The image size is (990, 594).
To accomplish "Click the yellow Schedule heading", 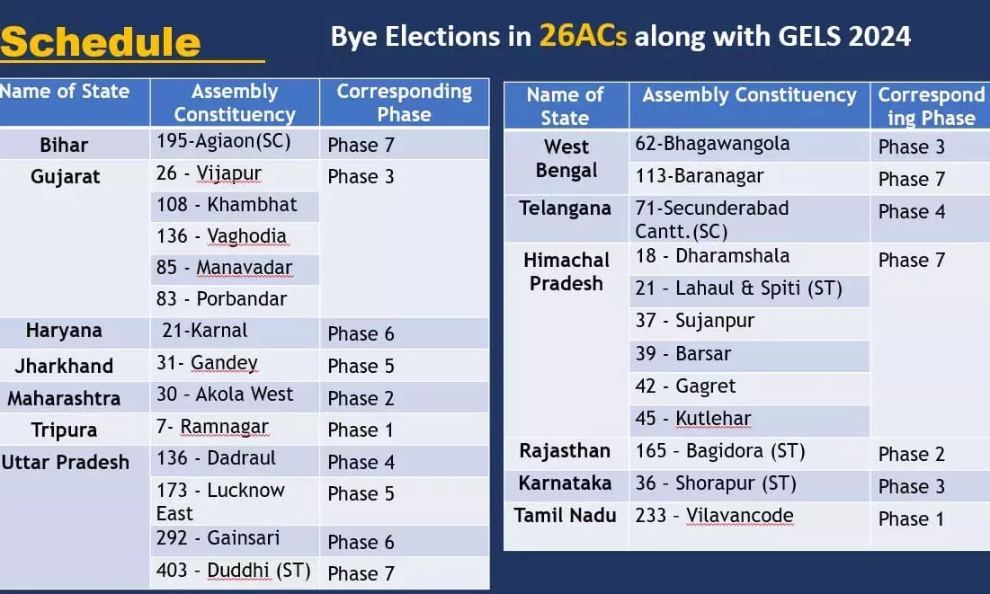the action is point(101,42).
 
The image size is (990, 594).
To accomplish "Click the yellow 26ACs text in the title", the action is point(583,36).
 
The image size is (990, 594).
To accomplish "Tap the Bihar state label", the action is point(64,146).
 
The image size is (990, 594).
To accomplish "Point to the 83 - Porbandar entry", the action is point(221,298).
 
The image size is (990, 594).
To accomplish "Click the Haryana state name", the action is point(64,330).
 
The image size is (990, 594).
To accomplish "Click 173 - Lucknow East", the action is point(220,501).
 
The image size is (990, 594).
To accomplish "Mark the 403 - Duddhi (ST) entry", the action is point(234,571).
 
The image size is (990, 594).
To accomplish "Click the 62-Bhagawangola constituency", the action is point(712,144).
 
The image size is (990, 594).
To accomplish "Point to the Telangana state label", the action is point(565,208).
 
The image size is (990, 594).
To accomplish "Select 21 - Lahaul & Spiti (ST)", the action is point(739,288).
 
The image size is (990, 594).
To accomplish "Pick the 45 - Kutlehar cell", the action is point(692,419).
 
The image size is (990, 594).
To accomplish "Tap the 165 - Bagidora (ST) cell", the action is point(719,451).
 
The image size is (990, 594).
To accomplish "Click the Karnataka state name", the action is point(565,483).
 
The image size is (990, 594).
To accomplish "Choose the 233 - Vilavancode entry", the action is point(714,516).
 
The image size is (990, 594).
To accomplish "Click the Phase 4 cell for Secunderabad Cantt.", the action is point(912,211).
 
